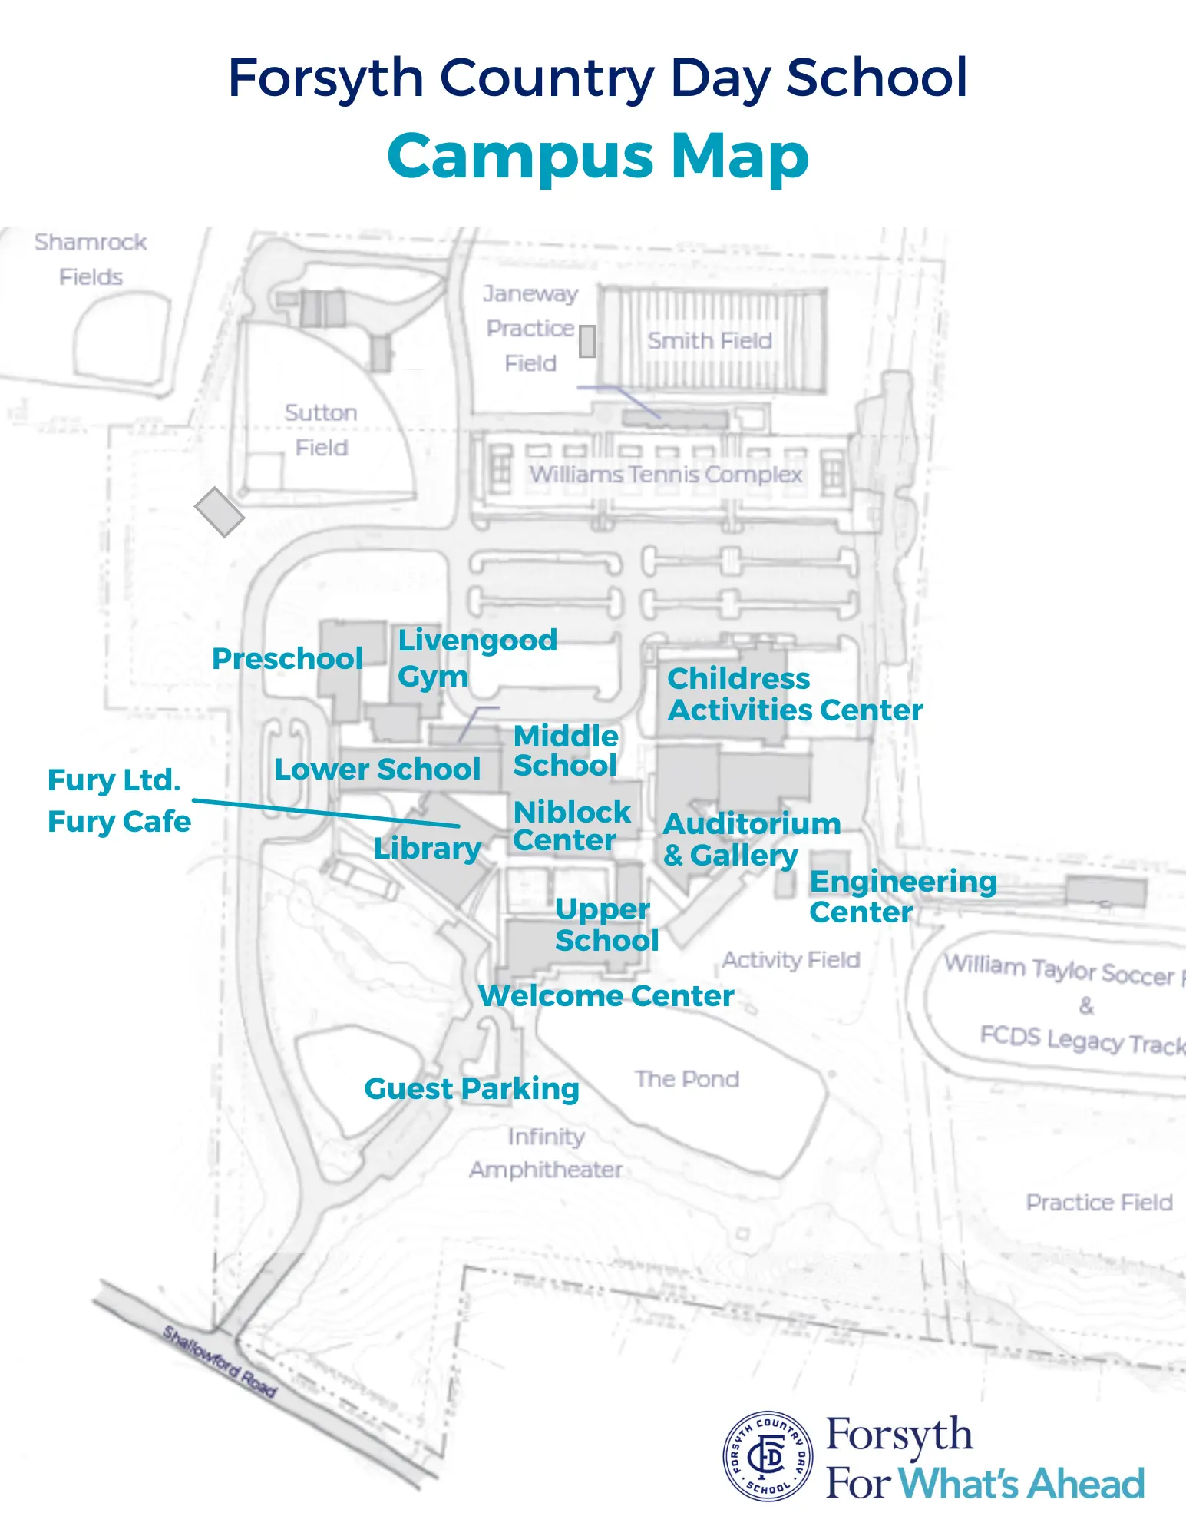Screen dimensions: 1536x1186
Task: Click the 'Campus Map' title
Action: point(598,157)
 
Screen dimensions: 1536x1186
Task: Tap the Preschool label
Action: point(287,659)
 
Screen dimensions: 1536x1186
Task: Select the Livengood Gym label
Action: point(476,658)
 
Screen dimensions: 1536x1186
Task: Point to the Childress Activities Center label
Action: point(794,694)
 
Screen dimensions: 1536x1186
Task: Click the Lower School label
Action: point(377,770)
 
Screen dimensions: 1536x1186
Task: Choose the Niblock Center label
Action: point(571,826)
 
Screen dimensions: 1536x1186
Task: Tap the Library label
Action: point(428,849)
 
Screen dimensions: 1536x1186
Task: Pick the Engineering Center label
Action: point(903,896)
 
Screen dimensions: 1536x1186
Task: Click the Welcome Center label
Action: point(606,996)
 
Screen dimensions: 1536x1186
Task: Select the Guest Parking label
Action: point(471,1089)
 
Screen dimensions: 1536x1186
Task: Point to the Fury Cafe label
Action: point(119,822)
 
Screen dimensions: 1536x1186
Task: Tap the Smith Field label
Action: point(709,340)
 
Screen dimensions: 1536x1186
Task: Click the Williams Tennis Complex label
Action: point(666,475)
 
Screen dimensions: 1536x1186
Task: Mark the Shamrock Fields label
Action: point(91,260)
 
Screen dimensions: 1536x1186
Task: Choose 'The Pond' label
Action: point(687,1079)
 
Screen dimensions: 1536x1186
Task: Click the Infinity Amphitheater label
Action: point(546,1153)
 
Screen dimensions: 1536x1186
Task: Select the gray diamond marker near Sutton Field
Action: point(220,512)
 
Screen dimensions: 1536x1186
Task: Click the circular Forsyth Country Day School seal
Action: point(768,1455)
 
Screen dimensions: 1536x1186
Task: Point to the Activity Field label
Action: point(791,960)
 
